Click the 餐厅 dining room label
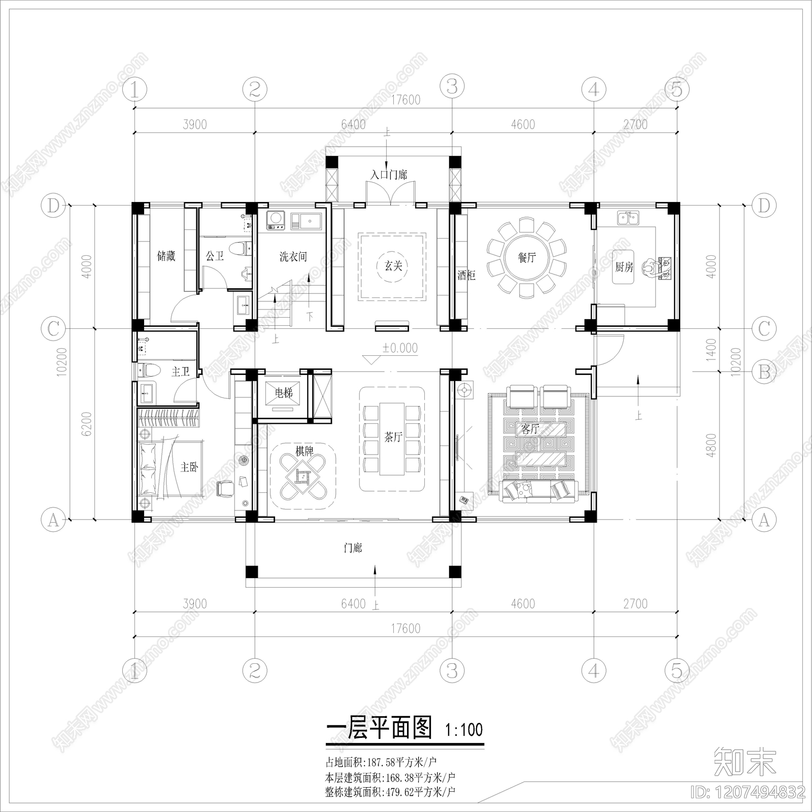pyautogui.click(x=526, y=257)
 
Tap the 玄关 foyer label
pyautogui.click(x=393, y=265)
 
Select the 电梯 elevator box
pyautogui.click(x=283, y=393)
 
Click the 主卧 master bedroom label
pyautogui.click(x=189, y=466)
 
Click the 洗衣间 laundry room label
pyautogui.click(x=293, y=257)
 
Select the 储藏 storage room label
pyautogui.click(x=166, y=256)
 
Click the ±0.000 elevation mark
pyautogui.click(x=400, y=348)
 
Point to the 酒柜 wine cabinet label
pyautogui.click(x=466, y=276)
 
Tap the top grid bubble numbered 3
pyautogui.click(x=452, y=87)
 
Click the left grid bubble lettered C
pyautogui.click(x=53, y=328)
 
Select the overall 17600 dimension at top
pyautogui.click(x=405, y=100)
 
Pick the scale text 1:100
pyautogui.click(x=464, y=730)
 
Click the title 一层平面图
pyautogui.click(x=379, y=728)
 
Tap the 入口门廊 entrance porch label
pyautogui.click(x=388, y=175)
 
